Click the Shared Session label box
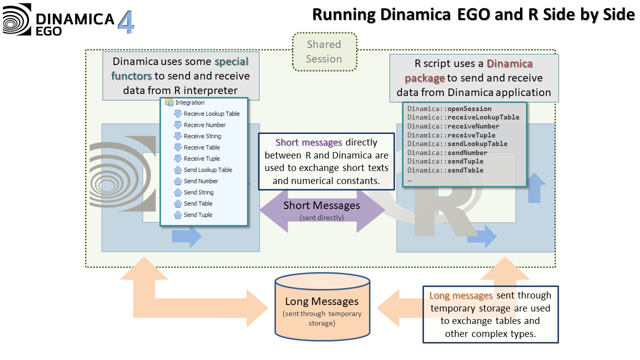tap(324, 51)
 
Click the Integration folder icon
tap(169, 102)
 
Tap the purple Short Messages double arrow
tap(321, 209)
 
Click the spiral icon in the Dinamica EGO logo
tap(17, 19)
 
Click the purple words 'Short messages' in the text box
tap(308, 142)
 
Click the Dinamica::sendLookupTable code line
tap(457, 143)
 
